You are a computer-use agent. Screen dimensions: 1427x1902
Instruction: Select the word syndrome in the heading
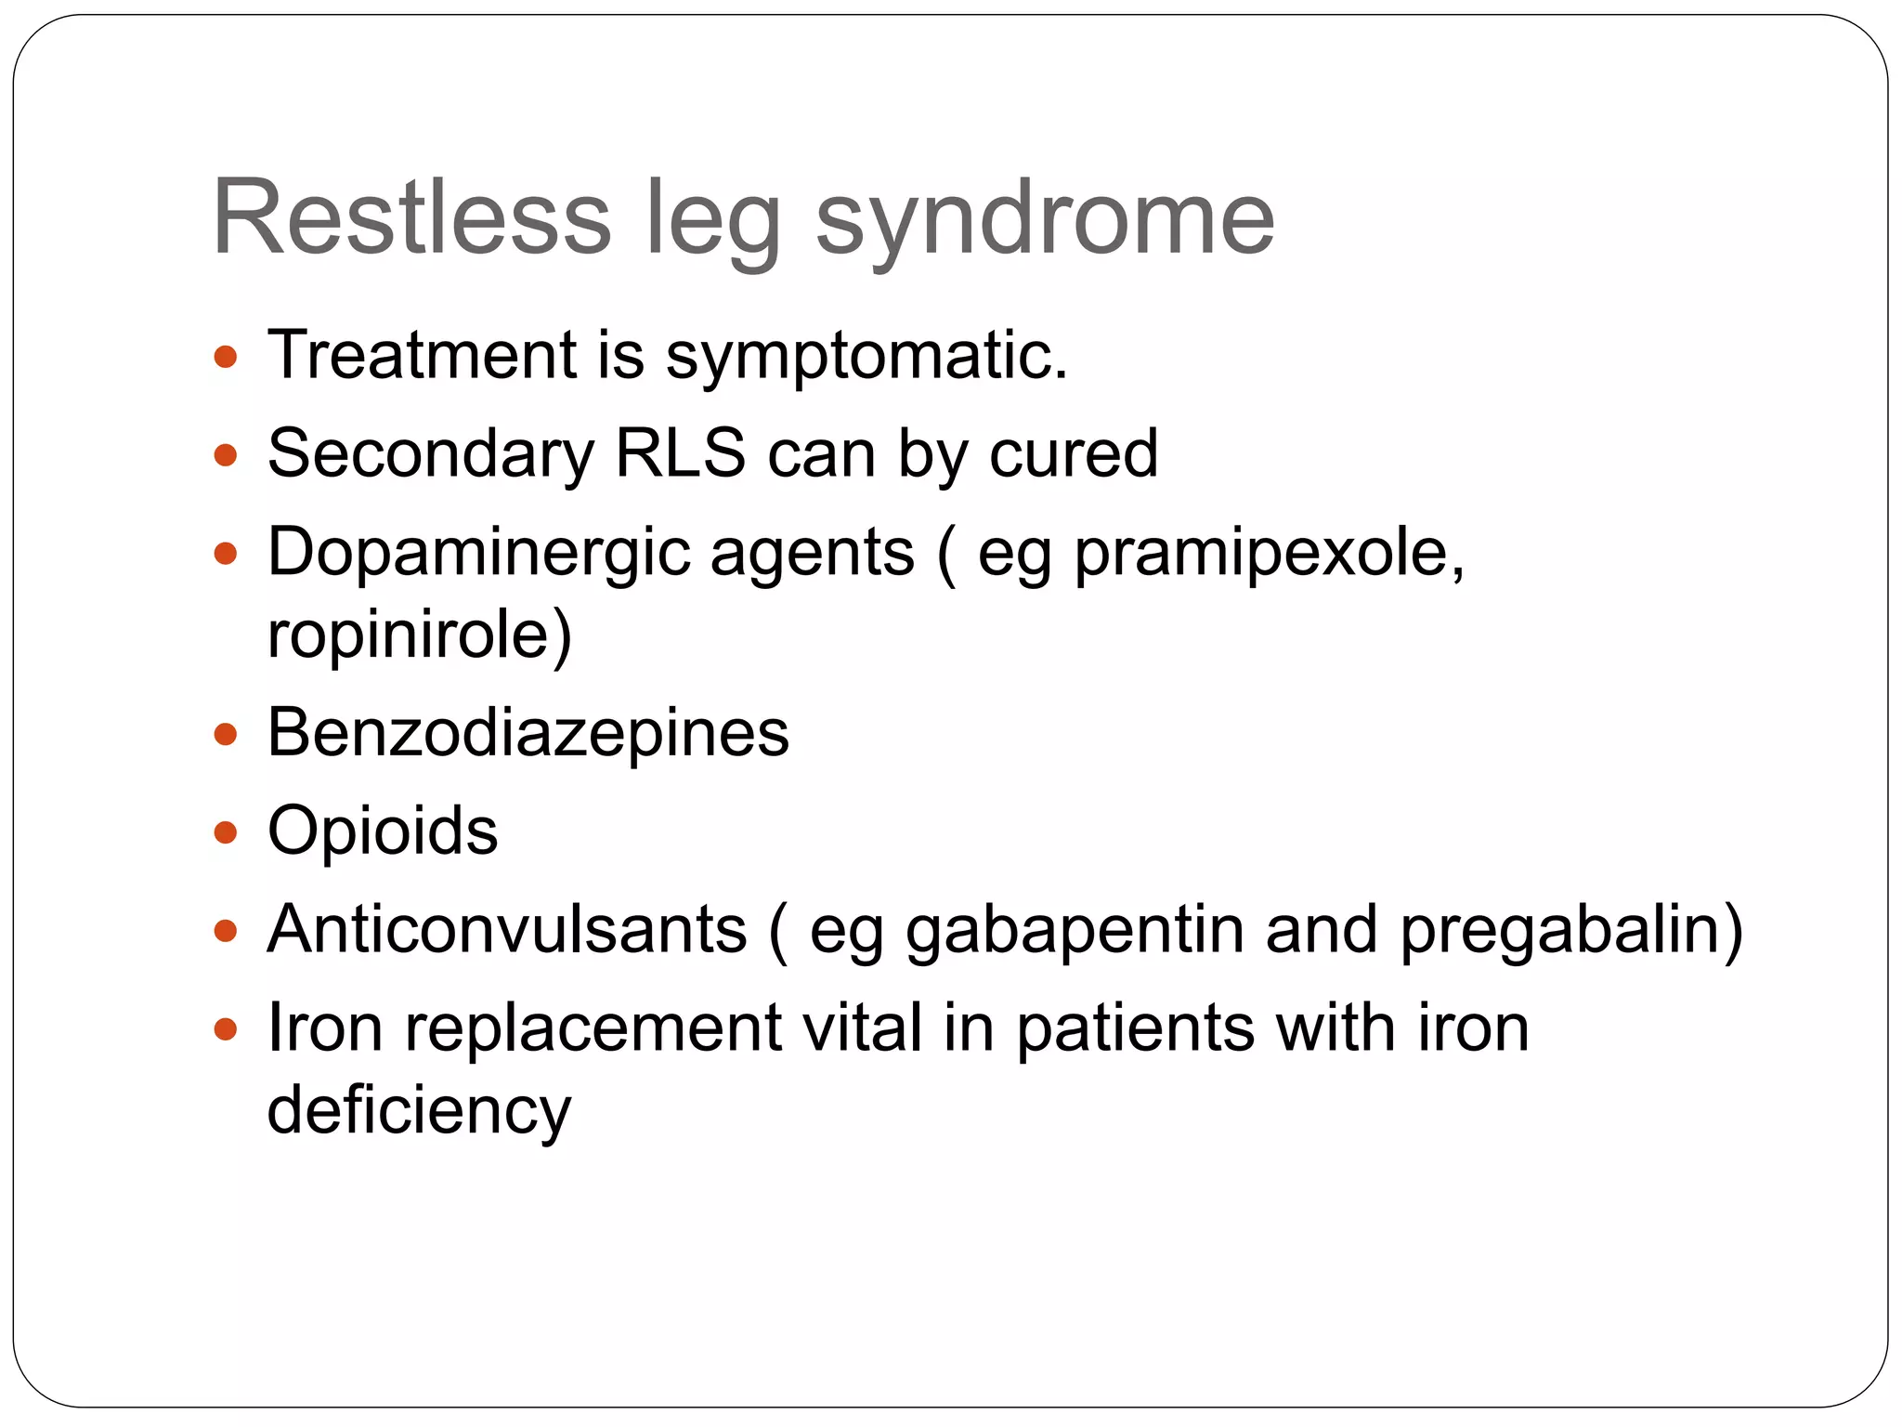(x=1045, y=223)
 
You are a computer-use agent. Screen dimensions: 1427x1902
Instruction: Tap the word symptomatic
(x=866, y=358)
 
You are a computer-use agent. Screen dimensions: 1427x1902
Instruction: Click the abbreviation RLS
(x=681, y=453)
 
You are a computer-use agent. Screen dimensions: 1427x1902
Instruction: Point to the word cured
(x=1074, y=453)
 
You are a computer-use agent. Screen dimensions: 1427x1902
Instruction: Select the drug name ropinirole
(x=419, y=635)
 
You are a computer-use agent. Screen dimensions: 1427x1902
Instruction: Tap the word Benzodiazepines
(x=528, y=733)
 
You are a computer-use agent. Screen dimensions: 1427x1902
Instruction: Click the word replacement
(x=593, y=1029)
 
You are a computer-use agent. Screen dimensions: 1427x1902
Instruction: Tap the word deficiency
(x=419, y=1111)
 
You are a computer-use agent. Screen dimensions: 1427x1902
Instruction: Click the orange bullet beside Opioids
(x=226, y=832)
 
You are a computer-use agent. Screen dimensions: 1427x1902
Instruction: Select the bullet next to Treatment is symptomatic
(x=226, y=357)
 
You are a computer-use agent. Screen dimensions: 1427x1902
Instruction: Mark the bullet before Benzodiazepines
(x=226, y=735)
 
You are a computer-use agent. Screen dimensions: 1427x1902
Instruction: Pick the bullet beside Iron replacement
(x=226, y=1029)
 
